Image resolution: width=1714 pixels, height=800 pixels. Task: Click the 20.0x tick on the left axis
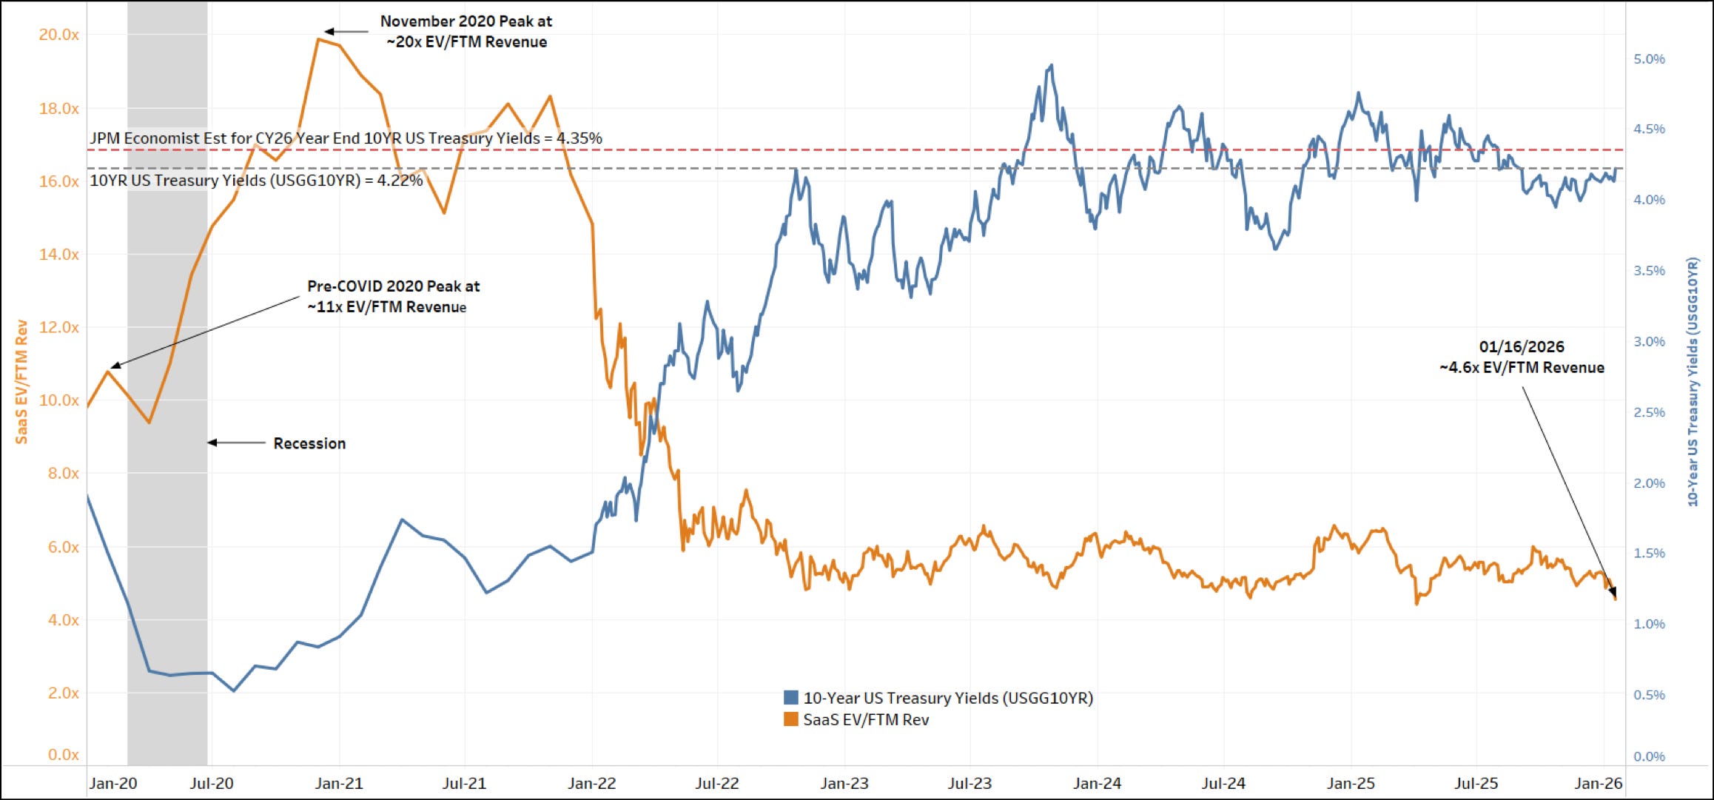coord(58,35)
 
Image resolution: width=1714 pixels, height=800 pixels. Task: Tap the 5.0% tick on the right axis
coord(1649,59)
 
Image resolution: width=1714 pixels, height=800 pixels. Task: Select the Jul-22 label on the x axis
coord(716,783)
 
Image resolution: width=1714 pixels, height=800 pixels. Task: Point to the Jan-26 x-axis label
coord(1599,783)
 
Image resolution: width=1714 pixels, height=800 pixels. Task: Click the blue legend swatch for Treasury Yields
coord(790,697)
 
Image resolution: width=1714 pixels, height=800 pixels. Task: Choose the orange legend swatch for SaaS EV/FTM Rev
coord(790,719)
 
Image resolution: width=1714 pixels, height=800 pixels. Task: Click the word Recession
coord(309,443)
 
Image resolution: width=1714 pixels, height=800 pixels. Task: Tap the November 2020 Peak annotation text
coord(466,32)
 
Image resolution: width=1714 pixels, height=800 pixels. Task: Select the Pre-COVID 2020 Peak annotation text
coord(393,296)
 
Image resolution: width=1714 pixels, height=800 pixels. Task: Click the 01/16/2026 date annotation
coord(1522,346)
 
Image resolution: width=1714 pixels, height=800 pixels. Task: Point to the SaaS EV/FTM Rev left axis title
coord(21,382)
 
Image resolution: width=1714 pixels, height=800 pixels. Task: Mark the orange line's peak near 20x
coord(318,38)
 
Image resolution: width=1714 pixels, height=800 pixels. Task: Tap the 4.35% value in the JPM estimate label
coord(579,138)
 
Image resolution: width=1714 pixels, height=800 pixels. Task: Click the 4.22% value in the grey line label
coord(400,181)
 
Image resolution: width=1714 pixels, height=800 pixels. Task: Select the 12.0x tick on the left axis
coord(58,327)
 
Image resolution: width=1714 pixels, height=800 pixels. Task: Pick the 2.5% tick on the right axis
coord(1649,412)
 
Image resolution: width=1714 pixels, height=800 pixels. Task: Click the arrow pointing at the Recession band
coord(236,443)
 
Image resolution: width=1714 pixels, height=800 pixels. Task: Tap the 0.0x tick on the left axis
coord(63,755)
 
